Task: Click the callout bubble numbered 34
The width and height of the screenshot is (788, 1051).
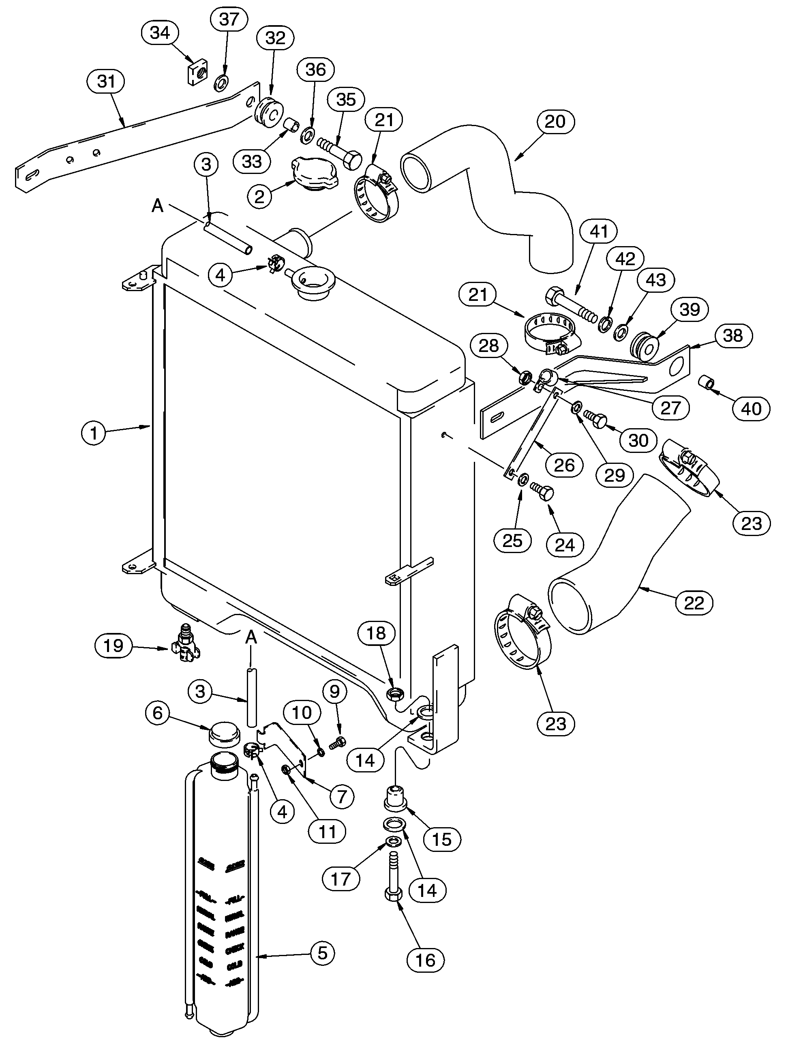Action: (160, 33)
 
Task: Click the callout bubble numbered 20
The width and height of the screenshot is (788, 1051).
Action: (555, 122)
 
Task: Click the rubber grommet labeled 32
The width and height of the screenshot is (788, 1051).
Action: (269, 114)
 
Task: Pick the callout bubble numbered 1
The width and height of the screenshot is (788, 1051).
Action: (94, 433)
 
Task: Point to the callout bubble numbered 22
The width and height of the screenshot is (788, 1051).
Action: (694, 603)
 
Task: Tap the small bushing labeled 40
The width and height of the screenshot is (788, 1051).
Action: (706, 382)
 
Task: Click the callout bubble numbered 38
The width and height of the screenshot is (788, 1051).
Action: (732, 335)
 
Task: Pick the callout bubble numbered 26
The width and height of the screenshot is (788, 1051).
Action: (564, 465)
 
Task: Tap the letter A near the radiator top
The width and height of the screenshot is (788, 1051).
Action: (157, 206)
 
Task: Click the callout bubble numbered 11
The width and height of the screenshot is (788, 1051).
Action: (327, 832)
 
